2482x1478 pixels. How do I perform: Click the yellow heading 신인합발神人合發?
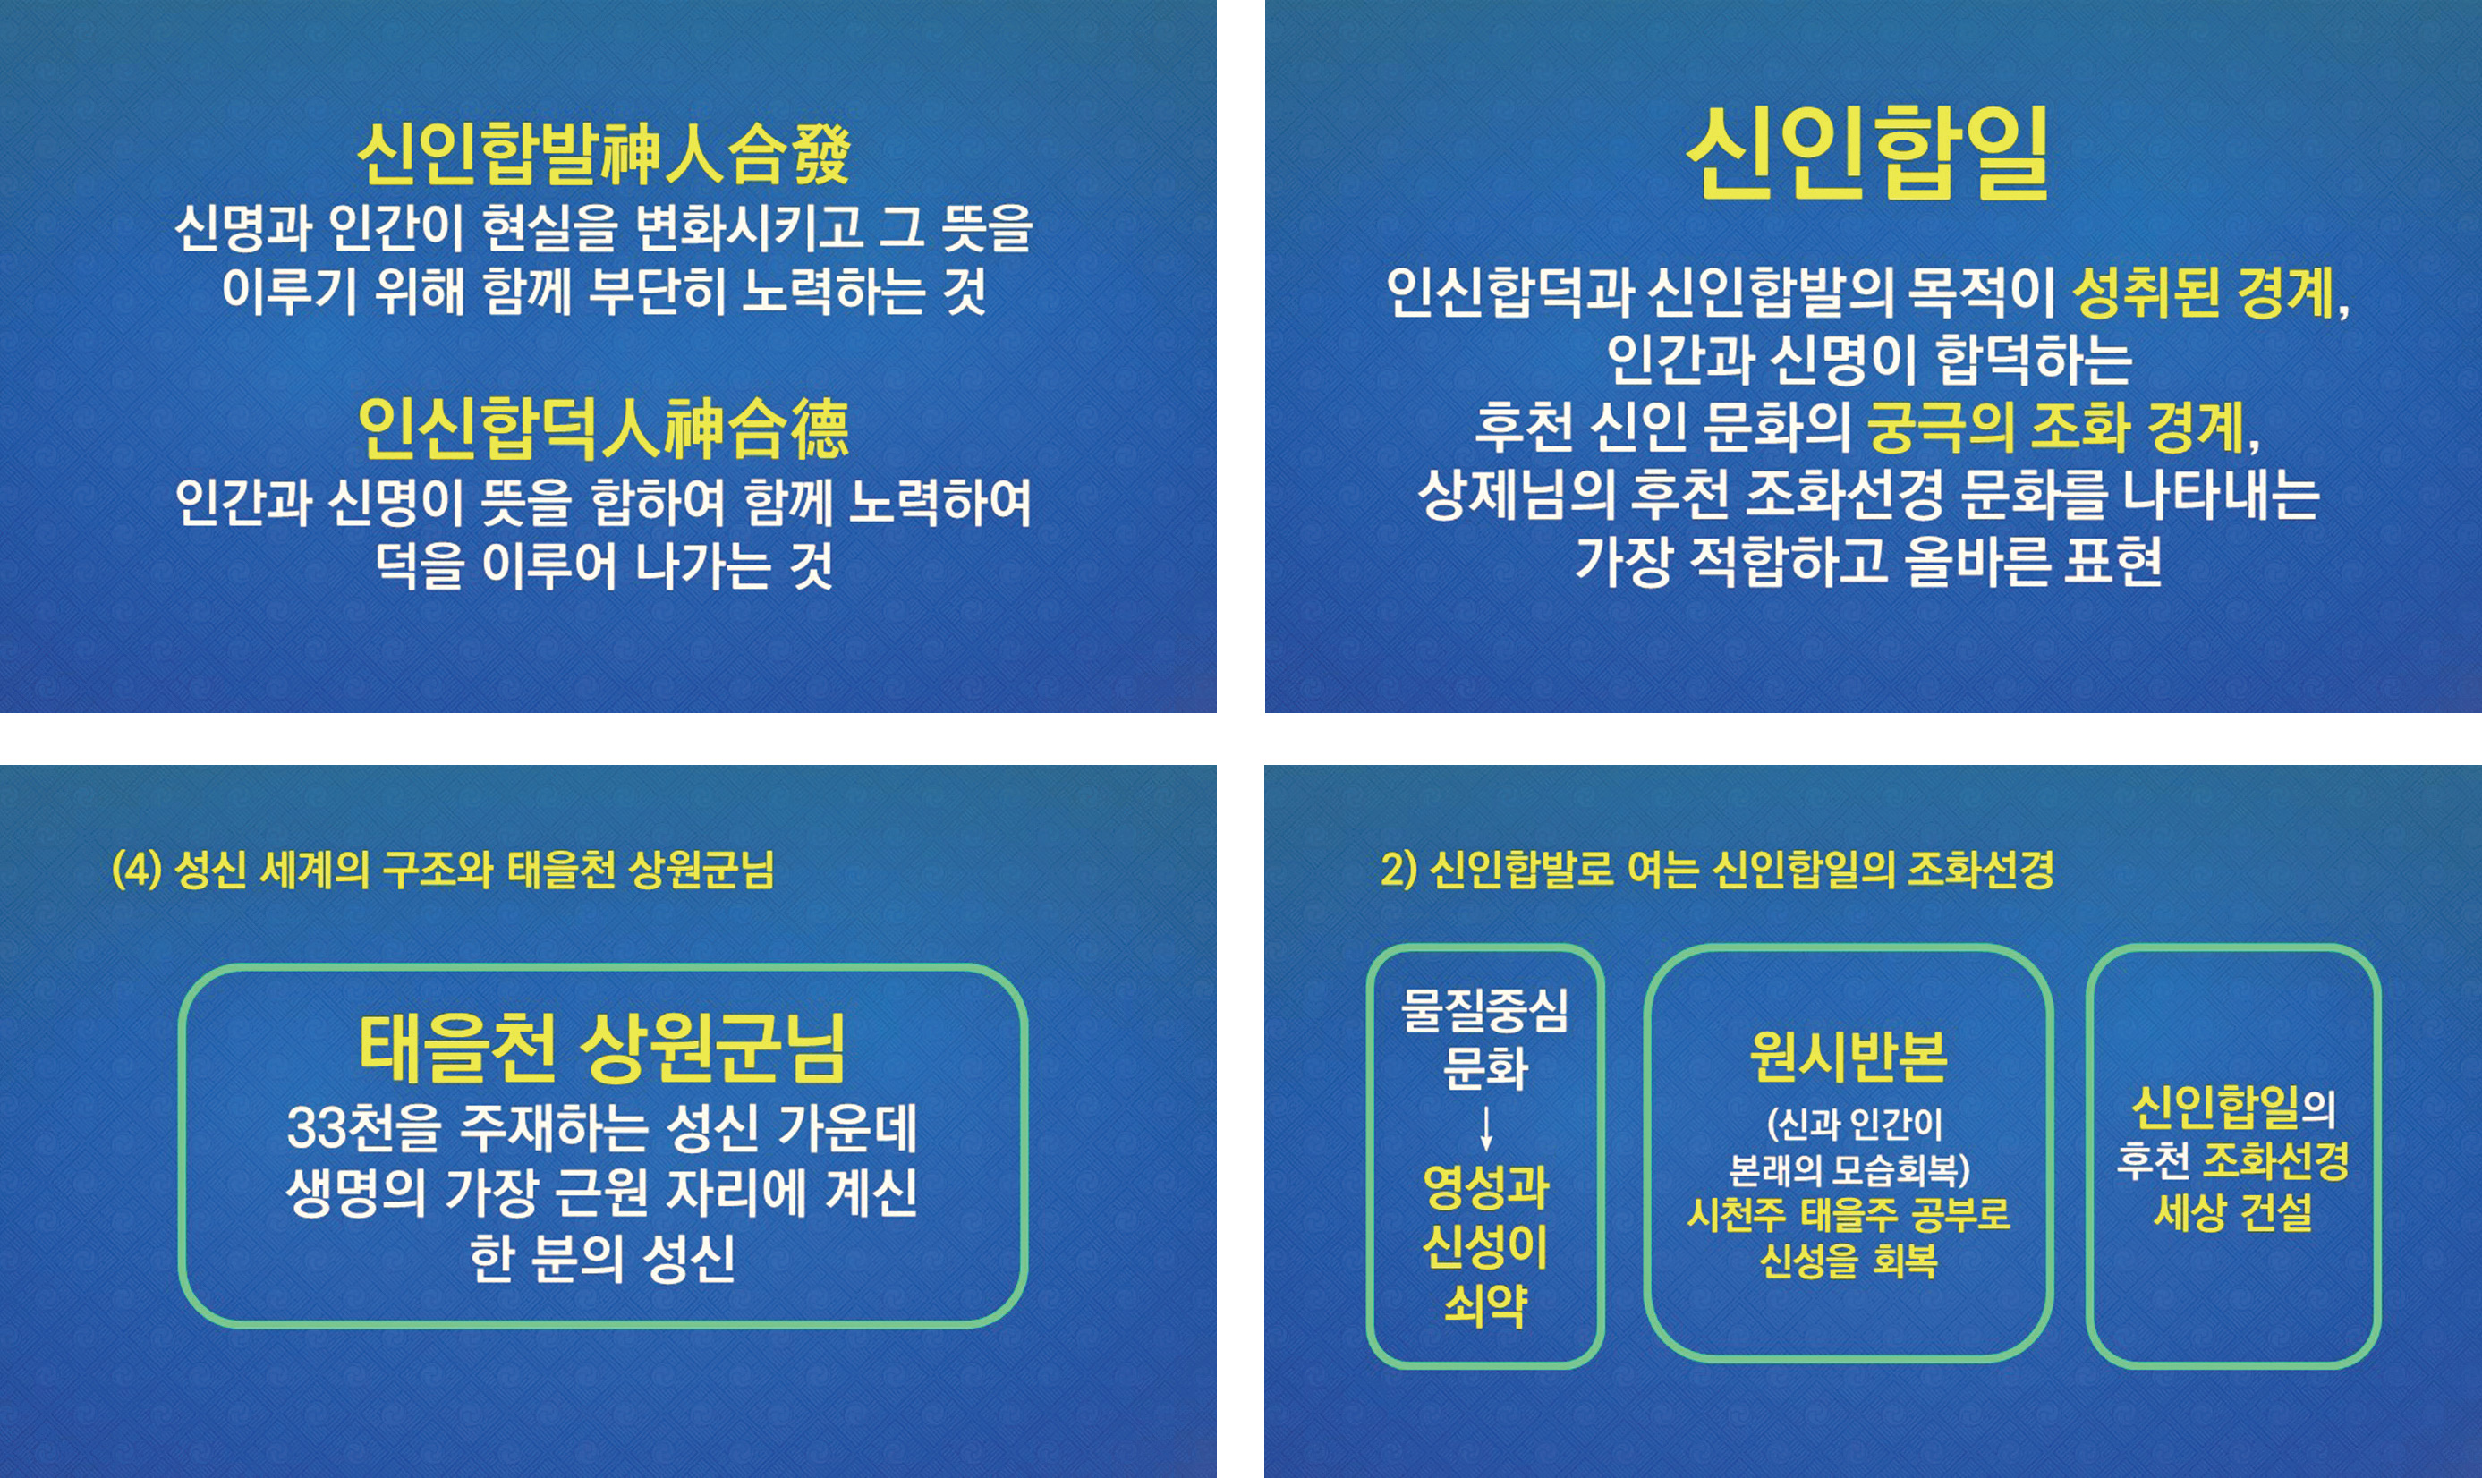point(604,155)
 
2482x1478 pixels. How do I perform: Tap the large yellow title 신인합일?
point(1866,151)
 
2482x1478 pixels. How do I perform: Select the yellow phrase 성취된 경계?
point(2203,292)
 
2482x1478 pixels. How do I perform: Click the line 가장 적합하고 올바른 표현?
point(1868,562)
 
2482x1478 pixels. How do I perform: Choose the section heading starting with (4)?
point(443,870)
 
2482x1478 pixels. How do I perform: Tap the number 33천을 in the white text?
point(363,1127)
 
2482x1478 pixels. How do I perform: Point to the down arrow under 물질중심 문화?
point(1486,1128)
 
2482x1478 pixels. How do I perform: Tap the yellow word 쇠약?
point(1485,1304)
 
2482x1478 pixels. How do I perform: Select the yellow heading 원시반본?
point(1848,1057)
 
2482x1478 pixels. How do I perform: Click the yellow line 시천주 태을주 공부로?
point(1849,1214)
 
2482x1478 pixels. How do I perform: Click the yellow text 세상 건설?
point(2233,1212)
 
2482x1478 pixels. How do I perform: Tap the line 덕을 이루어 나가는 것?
point(604,565)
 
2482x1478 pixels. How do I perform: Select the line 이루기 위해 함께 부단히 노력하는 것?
point(604,291)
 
